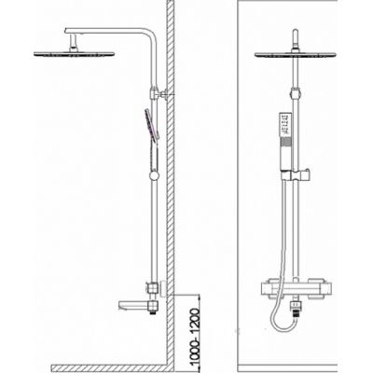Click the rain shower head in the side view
click(x=74, y=54)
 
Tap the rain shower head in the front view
click(x=296, y=54)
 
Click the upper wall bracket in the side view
click(x=159, y=93)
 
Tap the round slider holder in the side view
click(x=154, y=176)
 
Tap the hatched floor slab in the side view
click(x=109, y=368)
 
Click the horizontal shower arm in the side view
click(x=107, y=31)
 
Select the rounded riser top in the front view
click(x=296, y=33)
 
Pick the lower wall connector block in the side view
click(x=152, y=287)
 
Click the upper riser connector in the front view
click(x=296, y=93)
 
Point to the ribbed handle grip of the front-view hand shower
click(x=285, y=144)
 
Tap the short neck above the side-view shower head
click(x=74, y=43)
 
